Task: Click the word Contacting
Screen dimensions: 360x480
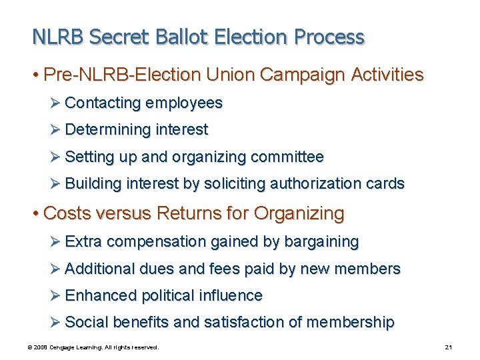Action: pyautogui.click(x=103, y=103)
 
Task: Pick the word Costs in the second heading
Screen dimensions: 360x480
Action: pyautogui.click(x=67, y=214)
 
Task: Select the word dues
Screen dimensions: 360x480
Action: pyautogui.click(x=154, y=269)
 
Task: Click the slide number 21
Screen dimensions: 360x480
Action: pyautogui.click(x=448, y=347)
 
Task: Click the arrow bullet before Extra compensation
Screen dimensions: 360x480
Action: pyautogui.click(x=55, y=241)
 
